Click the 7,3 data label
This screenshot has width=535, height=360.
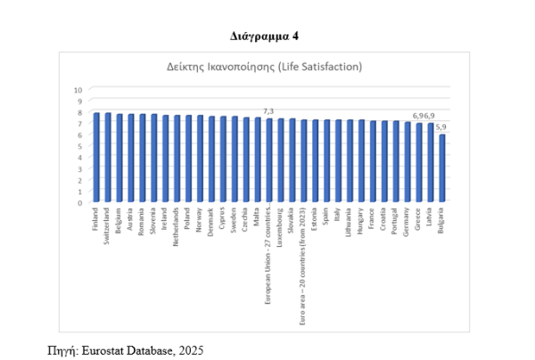click(267, 111)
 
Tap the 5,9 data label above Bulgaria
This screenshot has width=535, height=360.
click(441, 128)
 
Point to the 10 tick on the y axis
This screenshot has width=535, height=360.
click(78, 90)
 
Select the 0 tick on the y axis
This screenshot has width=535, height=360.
click(79, 202)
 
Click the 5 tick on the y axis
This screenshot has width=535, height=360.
click(79, 146)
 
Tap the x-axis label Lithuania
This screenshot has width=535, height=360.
click(350, 226)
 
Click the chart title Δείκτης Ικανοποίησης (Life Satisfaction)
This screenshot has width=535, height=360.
click(264, 68)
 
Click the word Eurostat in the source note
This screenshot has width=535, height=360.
click(105, 350)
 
